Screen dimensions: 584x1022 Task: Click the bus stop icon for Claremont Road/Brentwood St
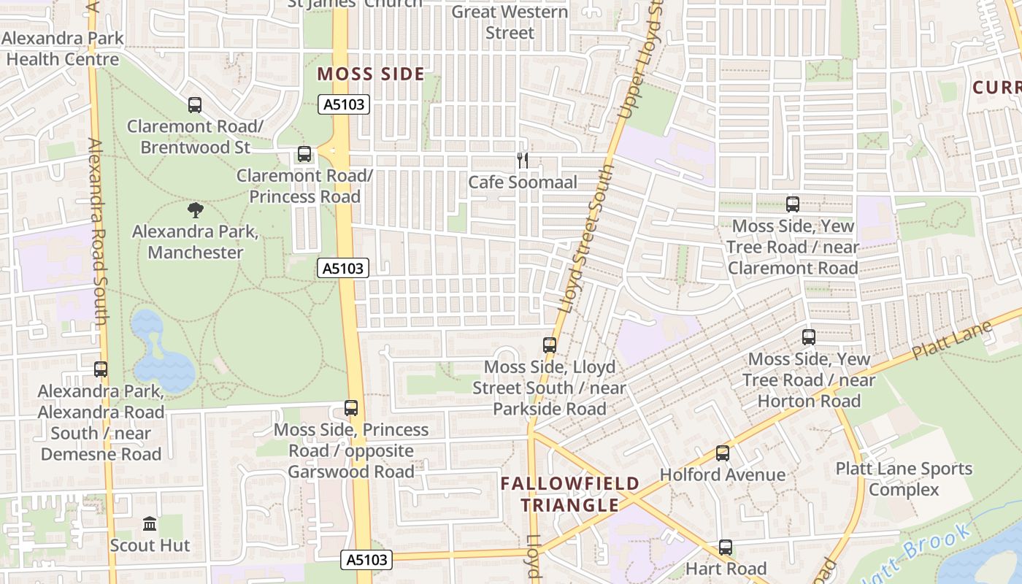pos(195,105)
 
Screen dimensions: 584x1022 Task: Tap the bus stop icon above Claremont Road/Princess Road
pos(304,155)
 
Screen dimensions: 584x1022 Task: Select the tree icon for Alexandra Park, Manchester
pos(195,211)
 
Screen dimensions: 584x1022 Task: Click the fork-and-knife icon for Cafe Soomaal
pos(523,161)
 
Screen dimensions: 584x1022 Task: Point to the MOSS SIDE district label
pos(371,74)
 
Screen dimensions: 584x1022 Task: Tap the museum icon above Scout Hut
pos(150,524)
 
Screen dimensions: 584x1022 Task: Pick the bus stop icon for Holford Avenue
pos(723,453)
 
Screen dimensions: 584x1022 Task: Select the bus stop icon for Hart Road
pos(726,547)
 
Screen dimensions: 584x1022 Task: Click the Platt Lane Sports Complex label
pos(904,479)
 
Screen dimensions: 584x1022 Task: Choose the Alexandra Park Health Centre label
pos(63,49)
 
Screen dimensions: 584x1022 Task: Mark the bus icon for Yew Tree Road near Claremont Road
pos(793,204)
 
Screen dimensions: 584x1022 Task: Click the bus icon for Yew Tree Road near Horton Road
pos(809,337)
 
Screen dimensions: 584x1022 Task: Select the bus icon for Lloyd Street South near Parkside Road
pos(550,345)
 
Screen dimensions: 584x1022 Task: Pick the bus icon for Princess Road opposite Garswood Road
pos(351,408)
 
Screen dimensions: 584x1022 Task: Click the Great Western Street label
pos(510,22)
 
